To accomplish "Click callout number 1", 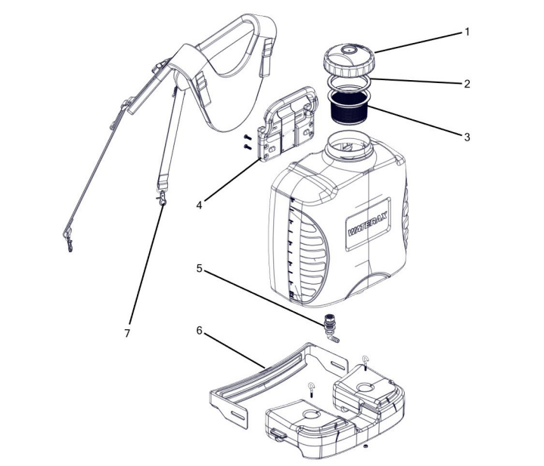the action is (467, 32).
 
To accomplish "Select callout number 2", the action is (467, 84).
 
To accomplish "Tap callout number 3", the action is (467, 137).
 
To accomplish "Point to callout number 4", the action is (199, 205).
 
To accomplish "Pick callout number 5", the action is (199, 268).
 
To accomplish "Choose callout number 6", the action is (199, 331).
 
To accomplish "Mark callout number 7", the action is (127, 333).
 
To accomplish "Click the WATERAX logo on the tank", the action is (368, 224).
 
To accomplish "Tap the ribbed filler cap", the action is (349, 61).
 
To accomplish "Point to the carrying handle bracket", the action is (288, 124).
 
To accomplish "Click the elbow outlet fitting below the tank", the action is (331, 329).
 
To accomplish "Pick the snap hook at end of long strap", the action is (68, 241).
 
